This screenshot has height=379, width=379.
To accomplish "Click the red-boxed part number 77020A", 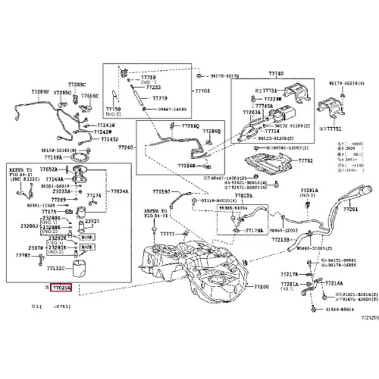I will point(62,287).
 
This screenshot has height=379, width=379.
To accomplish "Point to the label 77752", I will point(306,161).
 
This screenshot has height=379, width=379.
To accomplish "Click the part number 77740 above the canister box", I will point(276,74).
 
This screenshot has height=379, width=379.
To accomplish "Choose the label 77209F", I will point(40,92).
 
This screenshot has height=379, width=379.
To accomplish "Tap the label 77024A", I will point(119,190).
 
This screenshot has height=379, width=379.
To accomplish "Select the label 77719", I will point(160,99).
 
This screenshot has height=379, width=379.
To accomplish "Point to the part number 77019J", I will point(161,191).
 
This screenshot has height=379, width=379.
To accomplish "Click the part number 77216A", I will point(335,284).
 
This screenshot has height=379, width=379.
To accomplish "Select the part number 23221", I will point(92,220).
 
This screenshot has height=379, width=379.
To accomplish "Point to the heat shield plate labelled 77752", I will point(272,163).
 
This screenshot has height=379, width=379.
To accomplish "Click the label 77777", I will point(167,234).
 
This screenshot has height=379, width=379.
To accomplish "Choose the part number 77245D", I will point(110,139).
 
